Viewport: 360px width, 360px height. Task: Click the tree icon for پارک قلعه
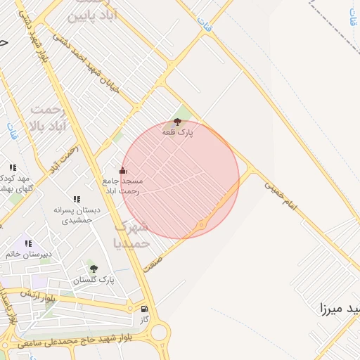pyautogui.click(x=176, y=122)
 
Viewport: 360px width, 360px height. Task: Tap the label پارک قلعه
pyautogui.click(x=178, y=132)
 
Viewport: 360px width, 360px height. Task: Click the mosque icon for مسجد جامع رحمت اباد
pyautogui.click(x=122, y=170)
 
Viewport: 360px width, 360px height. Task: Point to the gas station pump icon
pyautogui.click(x=145, y=309)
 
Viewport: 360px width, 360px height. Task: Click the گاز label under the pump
pyautogui.click(x=145, y=319)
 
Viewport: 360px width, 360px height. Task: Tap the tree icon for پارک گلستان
pyautogui.click(x=93, y=269)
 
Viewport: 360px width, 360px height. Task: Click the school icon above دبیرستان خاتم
pyautogui.click(x=28, y=243)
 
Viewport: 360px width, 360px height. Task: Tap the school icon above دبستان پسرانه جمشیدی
pyautogui.click(x=76, y=200)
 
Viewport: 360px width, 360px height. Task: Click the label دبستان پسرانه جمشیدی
pyautogui.click(x=77, y=215)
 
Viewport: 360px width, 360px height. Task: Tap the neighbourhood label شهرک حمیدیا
pyautogui.click(x=131, y=234)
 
